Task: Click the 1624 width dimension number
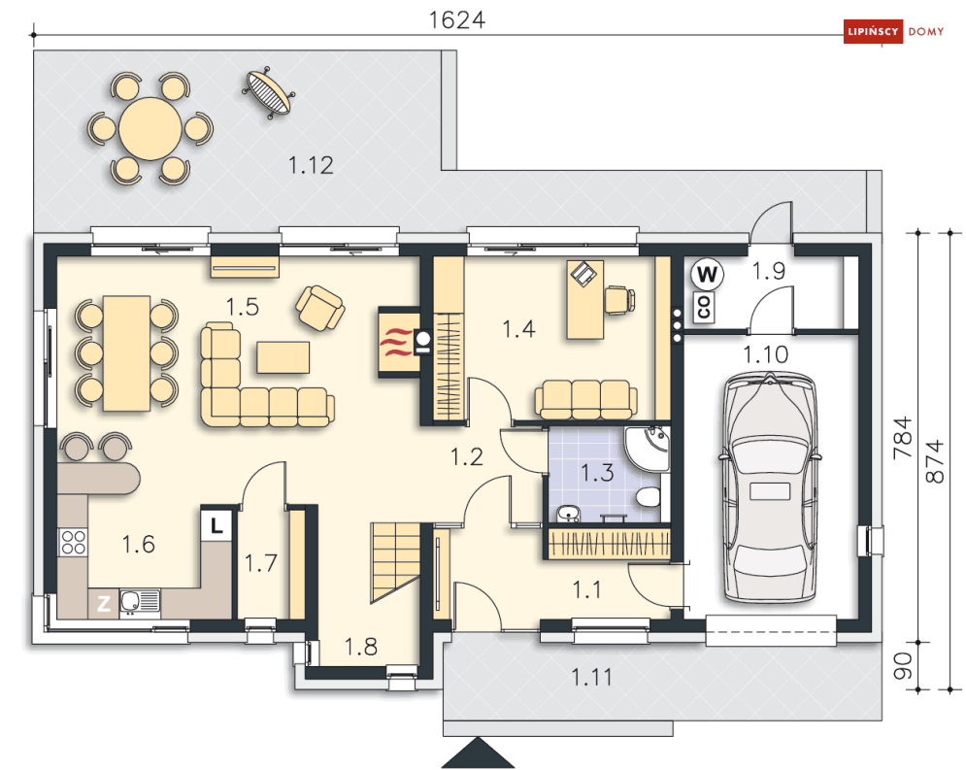click(456, 19)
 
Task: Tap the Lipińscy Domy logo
click(893, 31)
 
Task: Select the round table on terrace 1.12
click(150, 129)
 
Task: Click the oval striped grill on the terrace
click(268, 92)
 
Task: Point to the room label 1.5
click(242, 307)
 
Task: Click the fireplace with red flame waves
click(399, 342)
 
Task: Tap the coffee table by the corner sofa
click(283, 357)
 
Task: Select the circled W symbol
click(707, 274)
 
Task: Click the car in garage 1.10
click(771, 486)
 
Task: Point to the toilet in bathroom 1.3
click(648, 497)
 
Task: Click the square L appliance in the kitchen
click(217, 525)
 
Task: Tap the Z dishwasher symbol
click(104, 603)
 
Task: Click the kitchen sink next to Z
click(139, 602)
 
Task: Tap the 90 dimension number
click(903, 666)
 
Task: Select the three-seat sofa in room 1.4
click(585, 399)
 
